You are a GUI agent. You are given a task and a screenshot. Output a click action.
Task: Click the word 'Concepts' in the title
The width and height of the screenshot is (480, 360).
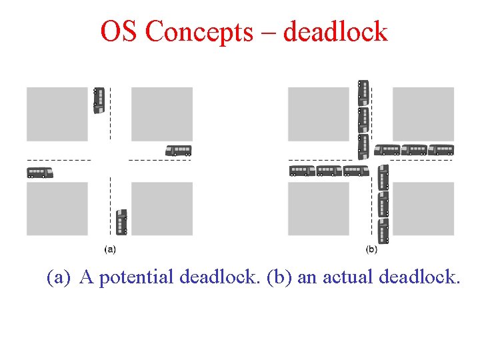click(x=199, y=31)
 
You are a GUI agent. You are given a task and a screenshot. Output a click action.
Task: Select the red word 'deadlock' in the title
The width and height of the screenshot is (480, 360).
click(x=335, y=31)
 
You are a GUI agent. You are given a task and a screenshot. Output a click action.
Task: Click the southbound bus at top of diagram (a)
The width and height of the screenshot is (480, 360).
click(x=99, y=100)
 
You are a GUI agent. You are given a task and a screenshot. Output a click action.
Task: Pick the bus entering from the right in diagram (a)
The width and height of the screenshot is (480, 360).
click(x=178, y=151)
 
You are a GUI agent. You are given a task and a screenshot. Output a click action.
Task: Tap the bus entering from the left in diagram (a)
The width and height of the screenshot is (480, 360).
click(x=40, y=173)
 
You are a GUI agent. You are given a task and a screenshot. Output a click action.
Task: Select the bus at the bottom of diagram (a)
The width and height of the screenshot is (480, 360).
click(x=121, y=222)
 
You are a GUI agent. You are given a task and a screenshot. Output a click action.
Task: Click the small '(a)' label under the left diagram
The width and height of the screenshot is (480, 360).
click(x=111, y=249)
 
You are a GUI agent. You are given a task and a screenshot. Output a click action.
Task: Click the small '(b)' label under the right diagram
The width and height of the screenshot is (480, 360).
click(x=371, y=249)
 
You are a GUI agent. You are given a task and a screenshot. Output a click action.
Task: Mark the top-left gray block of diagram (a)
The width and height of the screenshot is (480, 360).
click(x=57, y=113)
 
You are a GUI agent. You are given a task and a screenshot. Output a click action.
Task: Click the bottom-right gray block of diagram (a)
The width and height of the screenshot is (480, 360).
click(x=162, y=209)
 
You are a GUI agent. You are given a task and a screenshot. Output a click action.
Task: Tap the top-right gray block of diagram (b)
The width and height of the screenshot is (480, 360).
click(x=423, y=113)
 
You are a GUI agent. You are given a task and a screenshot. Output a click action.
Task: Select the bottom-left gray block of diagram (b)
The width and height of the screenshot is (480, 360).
click(x=318, y=209)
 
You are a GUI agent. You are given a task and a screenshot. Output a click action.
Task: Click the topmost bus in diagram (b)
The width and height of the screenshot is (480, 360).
click(x=363, y=93)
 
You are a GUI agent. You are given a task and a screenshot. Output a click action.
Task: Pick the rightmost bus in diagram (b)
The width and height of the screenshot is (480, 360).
click(x=441, y=150)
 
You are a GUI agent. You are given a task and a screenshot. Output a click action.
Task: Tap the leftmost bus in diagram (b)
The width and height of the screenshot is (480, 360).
click(x=302, y=171)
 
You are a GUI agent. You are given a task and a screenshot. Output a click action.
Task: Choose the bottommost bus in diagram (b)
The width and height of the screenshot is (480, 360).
click(x=383, y=231)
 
